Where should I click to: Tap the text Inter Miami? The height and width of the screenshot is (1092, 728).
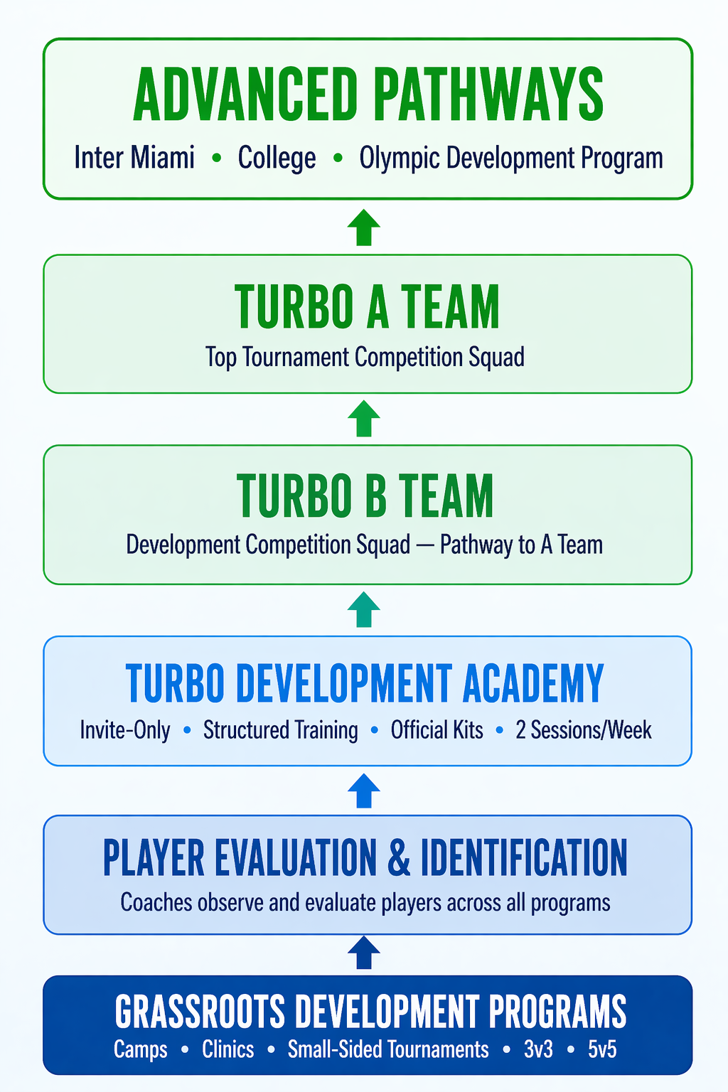click(134, 158)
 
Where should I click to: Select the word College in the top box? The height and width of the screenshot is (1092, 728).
click(277, 158)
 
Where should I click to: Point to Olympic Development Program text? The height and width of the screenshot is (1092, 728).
click(510, 158)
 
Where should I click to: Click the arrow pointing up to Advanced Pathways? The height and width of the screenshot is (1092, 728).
click(364, 227)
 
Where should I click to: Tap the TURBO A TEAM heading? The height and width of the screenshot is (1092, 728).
click(367, 307)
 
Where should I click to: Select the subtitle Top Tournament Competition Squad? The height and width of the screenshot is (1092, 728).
click(365, 357)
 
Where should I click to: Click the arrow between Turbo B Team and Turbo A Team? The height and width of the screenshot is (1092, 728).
click(364, 419)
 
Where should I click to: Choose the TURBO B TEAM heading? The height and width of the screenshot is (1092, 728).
click(365, 496)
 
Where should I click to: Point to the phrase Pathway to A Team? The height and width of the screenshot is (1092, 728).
click(521, 545)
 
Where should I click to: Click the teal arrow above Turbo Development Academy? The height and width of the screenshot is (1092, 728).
click(364, 609)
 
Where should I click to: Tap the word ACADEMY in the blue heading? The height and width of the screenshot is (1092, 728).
click(533, 684)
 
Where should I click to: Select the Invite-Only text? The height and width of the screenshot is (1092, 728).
click(125, 730)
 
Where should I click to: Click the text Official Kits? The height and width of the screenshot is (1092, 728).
click(437, 730)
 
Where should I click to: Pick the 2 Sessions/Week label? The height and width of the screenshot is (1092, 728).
click(583, 730)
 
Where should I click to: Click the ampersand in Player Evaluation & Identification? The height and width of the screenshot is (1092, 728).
click(399, 858)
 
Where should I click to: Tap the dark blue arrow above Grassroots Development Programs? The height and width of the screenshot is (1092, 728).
click(364, 953)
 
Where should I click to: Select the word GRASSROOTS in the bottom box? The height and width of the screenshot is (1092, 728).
click(200, 1012)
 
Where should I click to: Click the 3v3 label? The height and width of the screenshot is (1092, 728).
click(538, 1049)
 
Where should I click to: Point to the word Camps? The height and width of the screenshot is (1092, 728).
click(141, 1049)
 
